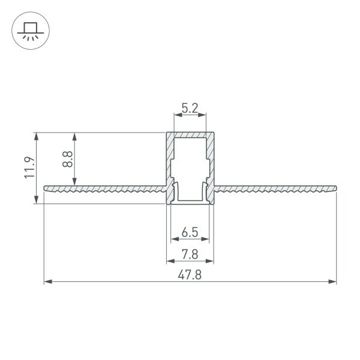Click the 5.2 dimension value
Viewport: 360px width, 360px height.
click(190, 109)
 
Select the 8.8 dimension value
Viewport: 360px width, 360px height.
click(68, 159)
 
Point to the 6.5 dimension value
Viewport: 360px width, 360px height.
click(190, 232)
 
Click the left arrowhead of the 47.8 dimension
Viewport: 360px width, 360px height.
click(47, 280)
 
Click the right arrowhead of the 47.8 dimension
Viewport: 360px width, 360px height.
click(334, 280)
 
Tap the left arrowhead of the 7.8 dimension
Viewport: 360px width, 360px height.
click(169, 262)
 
